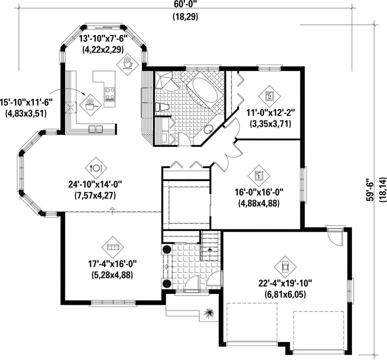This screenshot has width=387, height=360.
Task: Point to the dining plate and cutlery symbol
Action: (96, 168)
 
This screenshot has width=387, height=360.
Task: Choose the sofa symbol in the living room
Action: (113, 247)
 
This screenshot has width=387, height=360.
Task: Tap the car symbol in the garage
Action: (285, 267)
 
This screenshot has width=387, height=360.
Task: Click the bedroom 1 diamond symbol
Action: (259, 176)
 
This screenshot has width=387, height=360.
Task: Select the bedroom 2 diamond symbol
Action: (269, 96)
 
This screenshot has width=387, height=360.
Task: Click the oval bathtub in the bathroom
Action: (205, 90)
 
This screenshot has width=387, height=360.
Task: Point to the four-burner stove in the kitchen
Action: (110, 94)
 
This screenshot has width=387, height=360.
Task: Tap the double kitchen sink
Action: (96, 129)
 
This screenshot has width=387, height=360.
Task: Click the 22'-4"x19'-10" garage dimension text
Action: (285, 284)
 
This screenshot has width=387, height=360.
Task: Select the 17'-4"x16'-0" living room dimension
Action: (112, 264)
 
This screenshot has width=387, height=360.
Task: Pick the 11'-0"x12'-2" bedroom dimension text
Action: (271, 113)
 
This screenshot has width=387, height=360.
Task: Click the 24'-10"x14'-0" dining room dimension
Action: (95, 184)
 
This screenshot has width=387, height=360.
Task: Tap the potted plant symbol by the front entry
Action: (209, 313)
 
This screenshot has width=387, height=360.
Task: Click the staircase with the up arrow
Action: (210, 246)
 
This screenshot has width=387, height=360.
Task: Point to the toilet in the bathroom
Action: (162, 107)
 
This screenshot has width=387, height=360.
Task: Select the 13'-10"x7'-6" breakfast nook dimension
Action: (103, 39)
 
